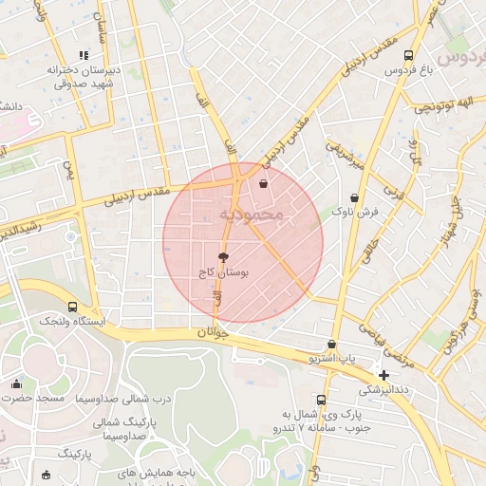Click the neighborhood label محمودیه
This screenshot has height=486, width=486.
252,215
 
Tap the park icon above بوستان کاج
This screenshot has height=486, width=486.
223,257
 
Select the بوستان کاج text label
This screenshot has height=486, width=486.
224,272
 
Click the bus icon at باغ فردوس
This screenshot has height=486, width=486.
409,55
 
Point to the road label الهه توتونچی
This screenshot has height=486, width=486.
449,103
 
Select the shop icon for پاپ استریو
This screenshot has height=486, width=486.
331,344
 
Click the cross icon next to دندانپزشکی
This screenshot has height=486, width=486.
383,375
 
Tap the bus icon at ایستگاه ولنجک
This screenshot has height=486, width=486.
73,307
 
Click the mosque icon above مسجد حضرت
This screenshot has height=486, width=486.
16,383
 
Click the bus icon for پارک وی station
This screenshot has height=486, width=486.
322,400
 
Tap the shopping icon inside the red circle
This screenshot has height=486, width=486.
263,184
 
